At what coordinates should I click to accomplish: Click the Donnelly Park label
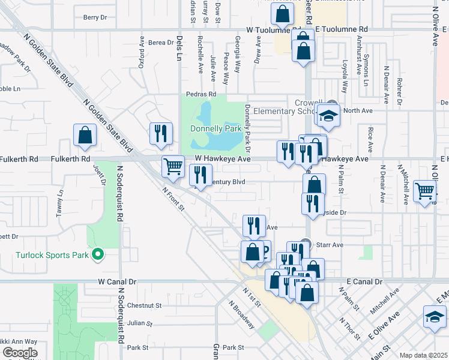coord(215,128)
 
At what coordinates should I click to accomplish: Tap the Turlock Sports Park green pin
coord(98,255)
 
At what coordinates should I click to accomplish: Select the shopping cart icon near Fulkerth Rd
coord(173,166)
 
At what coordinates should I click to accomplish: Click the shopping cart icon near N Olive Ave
coord(425,191)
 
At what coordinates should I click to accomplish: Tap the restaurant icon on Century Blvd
coord(200,175)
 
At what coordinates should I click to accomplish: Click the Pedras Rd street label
coord(200,94)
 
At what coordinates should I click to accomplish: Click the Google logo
coord(20,353)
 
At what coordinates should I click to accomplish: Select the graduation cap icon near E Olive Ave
coord(435,316)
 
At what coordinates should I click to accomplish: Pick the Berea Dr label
coord(161,42)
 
